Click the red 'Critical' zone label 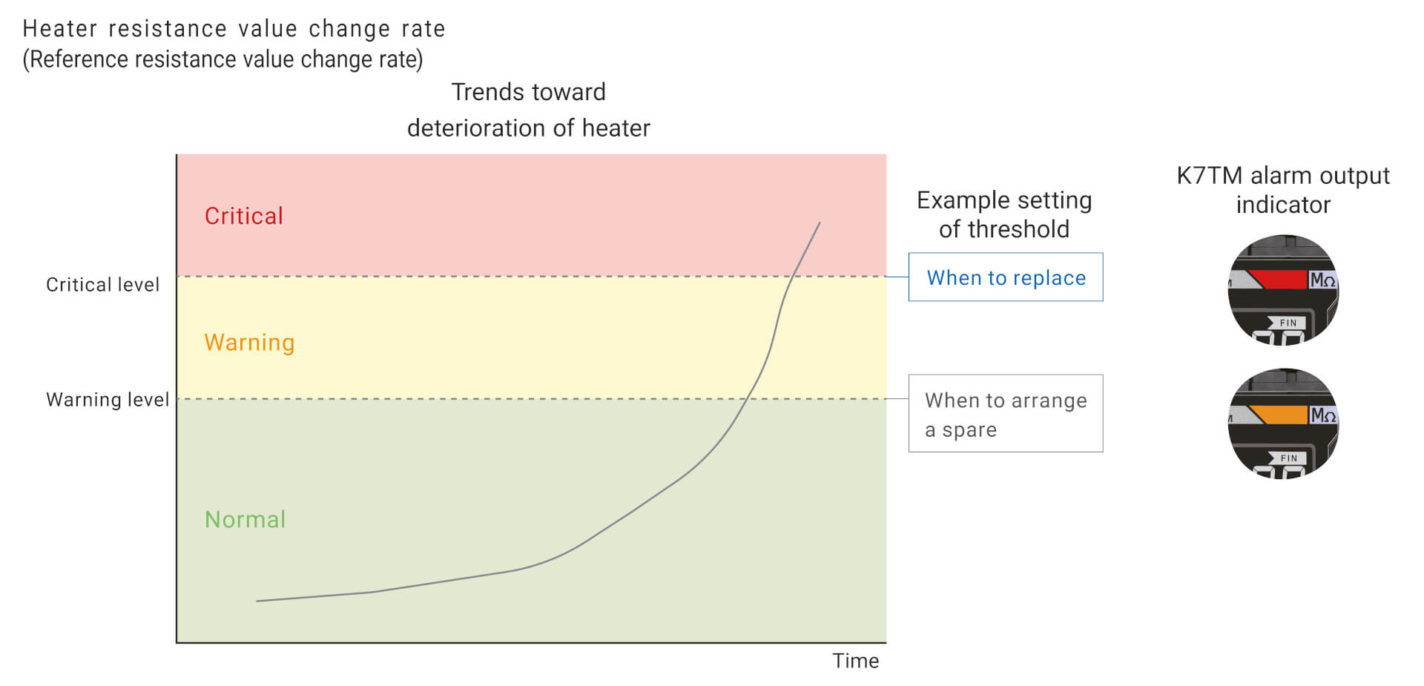[x=244, y=216]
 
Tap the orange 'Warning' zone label [x=249, y=342]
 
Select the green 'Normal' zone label [x=245, y=519]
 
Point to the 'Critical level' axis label [x=102, y=285]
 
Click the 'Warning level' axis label [x=108, y=400]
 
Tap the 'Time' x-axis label [x=855, y=661]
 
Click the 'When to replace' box [x=1006, y=277]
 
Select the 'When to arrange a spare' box [x=1006, y=413]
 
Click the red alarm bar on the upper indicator [x=1277, y=280]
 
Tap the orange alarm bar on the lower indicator [x=1277, y=415]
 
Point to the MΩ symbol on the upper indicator [x=1322, y=280]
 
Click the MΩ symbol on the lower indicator [x=1322, y=415]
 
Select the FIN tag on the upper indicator [x=1287, y=323]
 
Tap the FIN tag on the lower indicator [x=1287, y=458]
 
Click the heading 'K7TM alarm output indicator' [x=1283, y=190]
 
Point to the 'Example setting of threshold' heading [x=1004, y=214]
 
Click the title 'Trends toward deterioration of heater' [x=529, y=110]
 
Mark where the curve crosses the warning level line [x=745, y=399]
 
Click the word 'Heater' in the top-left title [x=60, y=28]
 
